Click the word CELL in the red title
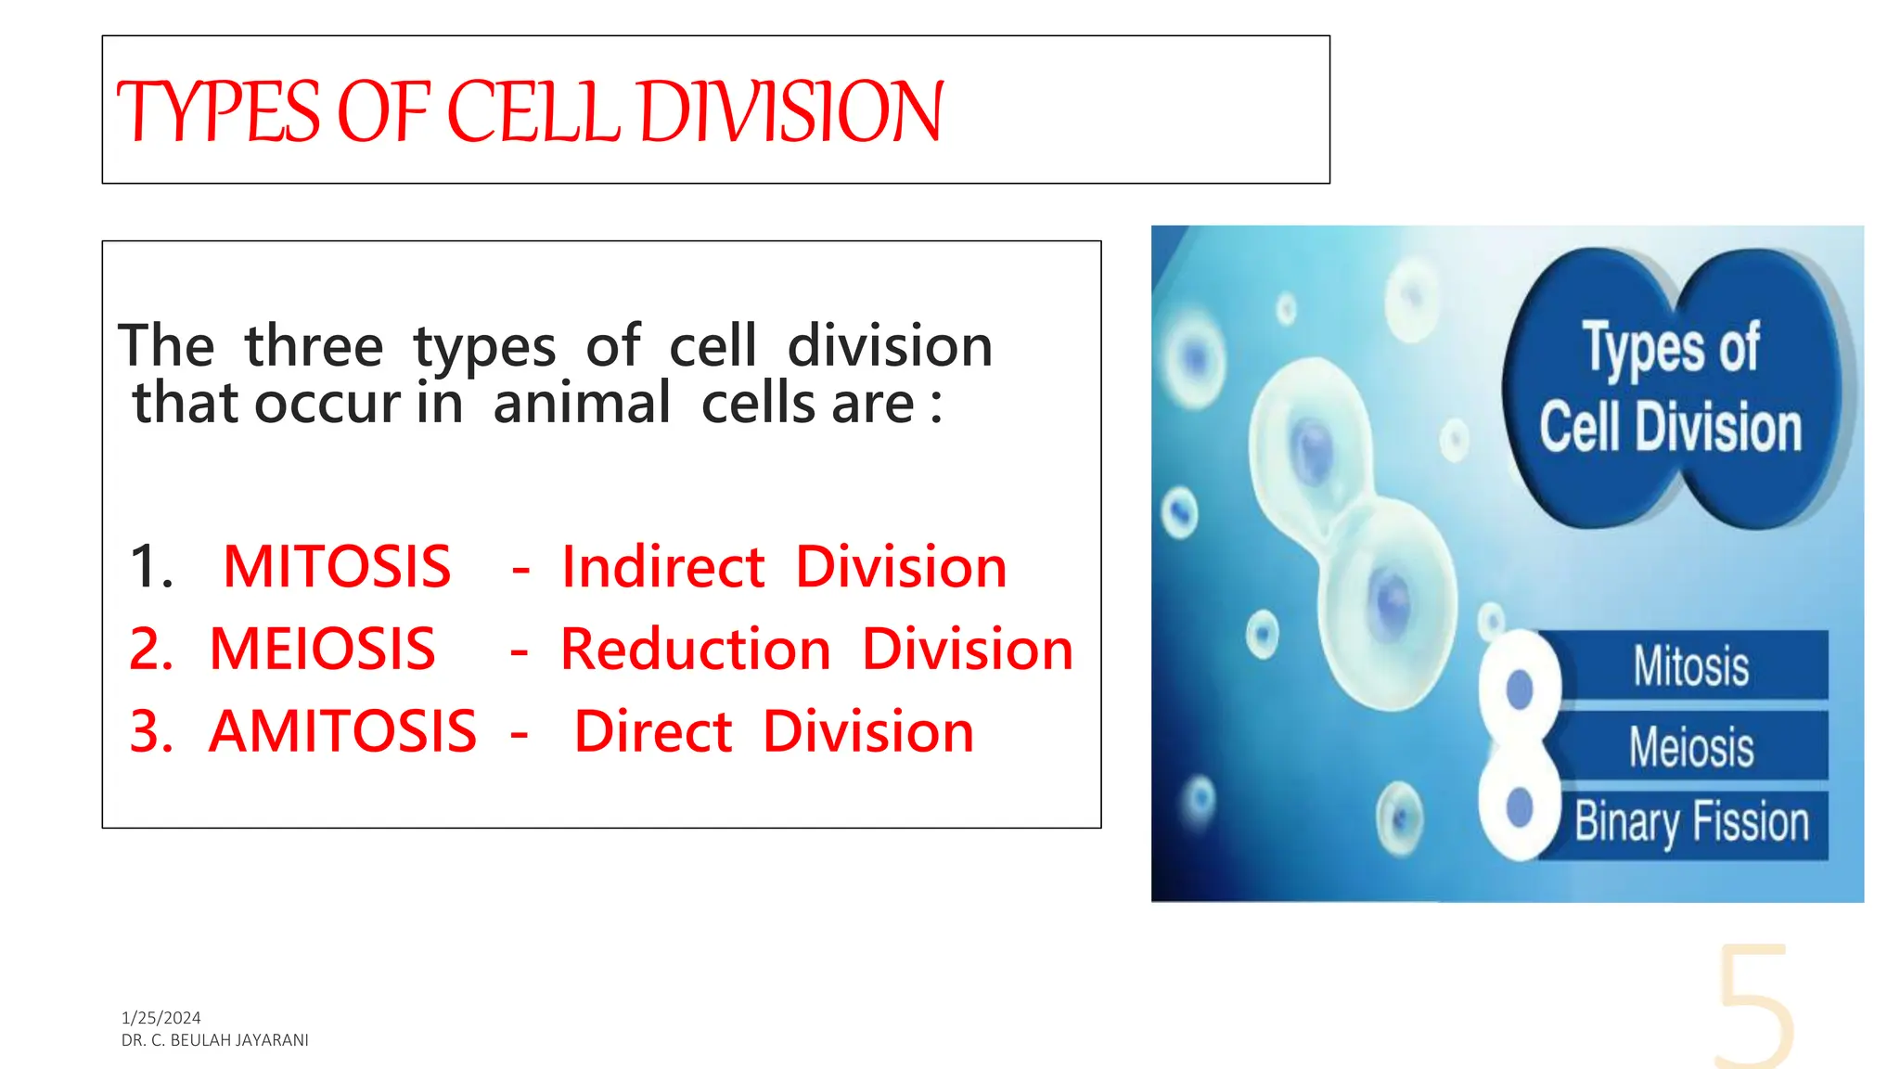(533, 112)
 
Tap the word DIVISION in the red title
(791, 112)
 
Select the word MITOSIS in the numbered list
(337, 567)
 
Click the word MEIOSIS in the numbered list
(322, 649)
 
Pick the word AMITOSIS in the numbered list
(342, 731)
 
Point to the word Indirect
(663, 567)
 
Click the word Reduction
(696, 649)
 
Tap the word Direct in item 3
(653, 731)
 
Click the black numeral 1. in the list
(151, 567)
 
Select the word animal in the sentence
(582, 404)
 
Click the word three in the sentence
(314, 346)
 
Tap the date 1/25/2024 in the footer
(160, 1018)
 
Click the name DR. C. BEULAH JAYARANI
(214, 1040)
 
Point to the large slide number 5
(1752, 1007)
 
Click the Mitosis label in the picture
(1690, 666)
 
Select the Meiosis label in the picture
(1690, 747)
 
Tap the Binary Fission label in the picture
(1690, 822)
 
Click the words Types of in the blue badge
(1670, 348)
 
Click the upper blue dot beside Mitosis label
(1520, 689)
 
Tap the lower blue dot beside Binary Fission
(1520, 807)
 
